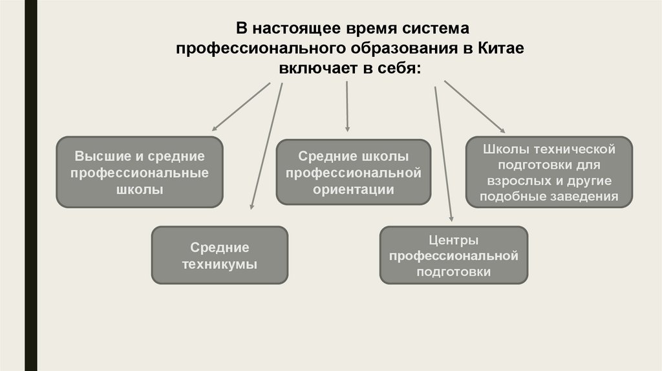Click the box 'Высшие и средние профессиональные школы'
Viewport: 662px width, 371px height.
tap(140, 173)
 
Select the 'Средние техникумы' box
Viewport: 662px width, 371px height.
tap(219, 255)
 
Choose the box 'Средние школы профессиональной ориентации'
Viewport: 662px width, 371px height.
tap(353, 173)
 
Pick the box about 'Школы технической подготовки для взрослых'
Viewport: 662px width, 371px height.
tap(548, 173)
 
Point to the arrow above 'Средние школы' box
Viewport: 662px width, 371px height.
tap(348, 106)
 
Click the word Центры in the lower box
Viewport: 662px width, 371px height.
tap(453, 240)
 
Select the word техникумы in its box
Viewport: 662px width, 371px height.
tap(219, 264)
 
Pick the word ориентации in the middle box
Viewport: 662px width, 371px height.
tap(353, 189)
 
